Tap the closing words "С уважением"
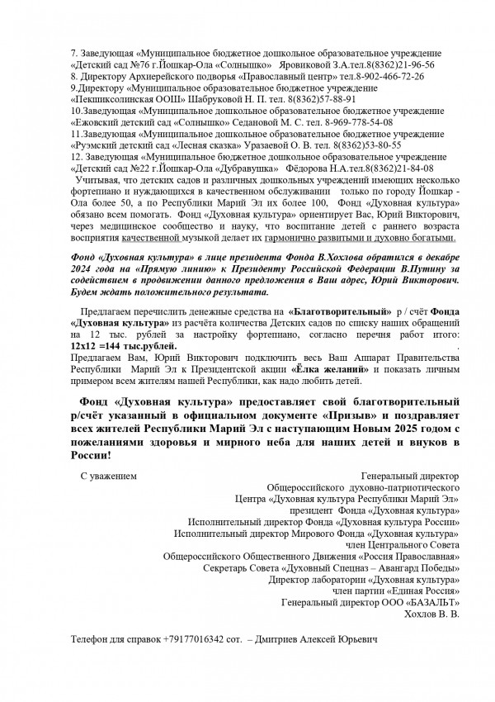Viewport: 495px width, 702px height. point(108,477)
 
